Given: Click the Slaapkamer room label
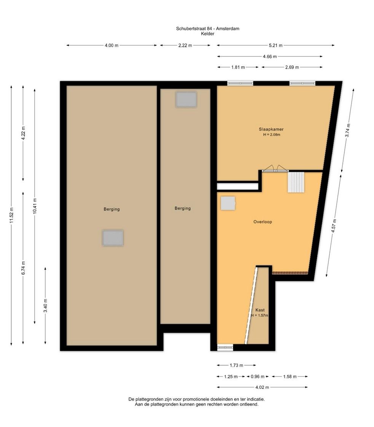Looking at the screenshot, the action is pos(271,130).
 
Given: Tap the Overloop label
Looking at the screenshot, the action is pos(263,222).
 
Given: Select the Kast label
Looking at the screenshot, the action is pos(260,310).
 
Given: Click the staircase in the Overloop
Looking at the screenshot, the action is pos(296,182).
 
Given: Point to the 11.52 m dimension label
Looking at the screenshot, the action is pos(11,215).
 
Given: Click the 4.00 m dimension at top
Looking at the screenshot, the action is pos(112,45).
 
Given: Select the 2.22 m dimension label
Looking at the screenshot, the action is pos(185,45).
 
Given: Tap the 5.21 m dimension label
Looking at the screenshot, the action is pos(276,45).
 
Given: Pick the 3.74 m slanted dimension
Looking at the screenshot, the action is pos(348,130).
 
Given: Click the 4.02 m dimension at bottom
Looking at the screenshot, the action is pos(262,387).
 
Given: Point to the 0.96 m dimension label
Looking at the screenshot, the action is pos(257,377).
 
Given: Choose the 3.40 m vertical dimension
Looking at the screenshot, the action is pos(45,305).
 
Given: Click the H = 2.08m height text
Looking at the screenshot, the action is pos(272,134).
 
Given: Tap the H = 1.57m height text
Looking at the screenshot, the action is pos(260,315).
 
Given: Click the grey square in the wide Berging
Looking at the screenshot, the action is pos(113,238).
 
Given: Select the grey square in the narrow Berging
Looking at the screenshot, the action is pos(186,99).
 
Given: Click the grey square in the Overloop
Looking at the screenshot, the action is pos(228,203).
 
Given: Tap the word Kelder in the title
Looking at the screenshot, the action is pos(208,34).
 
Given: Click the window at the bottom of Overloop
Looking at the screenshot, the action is pos(225,347).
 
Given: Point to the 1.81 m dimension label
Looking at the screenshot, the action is pos(238,67).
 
